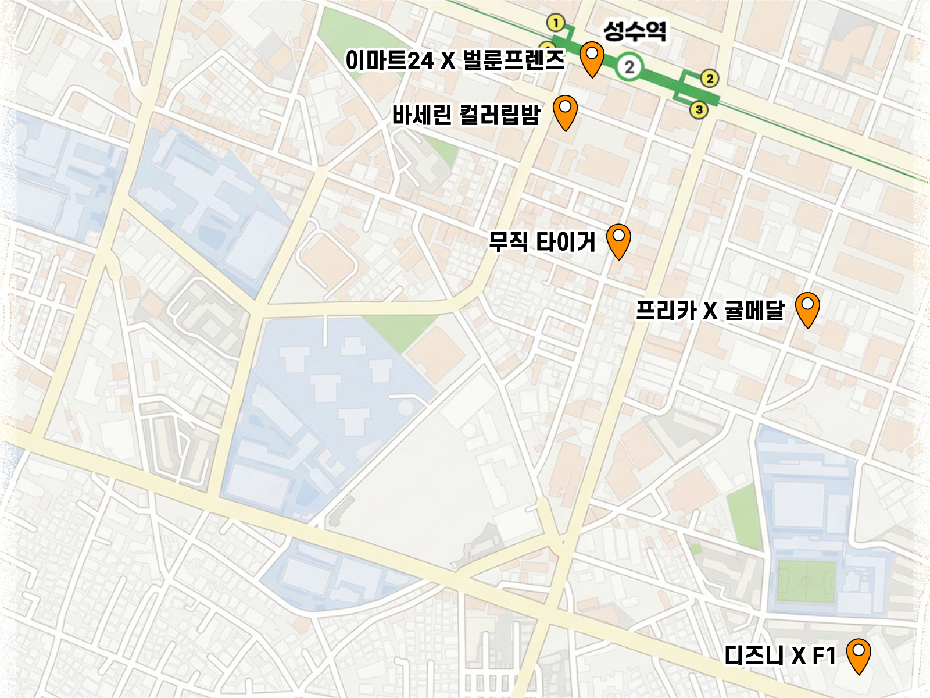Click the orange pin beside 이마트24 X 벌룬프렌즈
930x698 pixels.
click(x=592, y=57)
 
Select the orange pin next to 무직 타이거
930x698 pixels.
click(x=618, y=239)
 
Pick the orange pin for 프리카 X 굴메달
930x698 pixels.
click(x=807, y=308)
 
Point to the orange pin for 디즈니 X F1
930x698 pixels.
click(x=858, y=654)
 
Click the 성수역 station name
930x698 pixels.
click(x=634, y=31)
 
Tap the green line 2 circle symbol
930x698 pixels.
click(x=628, y=67)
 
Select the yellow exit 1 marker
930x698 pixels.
click(x=556, y=23)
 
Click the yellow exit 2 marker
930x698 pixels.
click(x=709, y=78)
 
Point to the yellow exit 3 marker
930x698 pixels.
click(x=699, y=109)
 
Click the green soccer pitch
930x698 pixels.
click(x=806, y=581)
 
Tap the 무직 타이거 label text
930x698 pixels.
click(x=542, y=241)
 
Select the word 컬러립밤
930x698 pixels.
click(x=499, y=115)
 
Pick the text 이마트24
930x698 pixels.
click(x=389, y=60)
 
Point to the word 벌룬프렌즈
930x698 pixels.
click(x=513, y=60)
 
